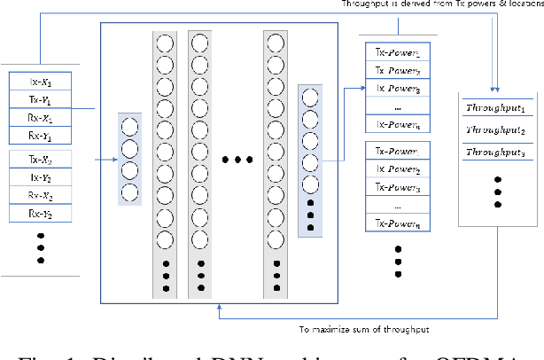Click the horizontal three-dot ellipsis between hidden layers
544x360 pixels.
(237, 160)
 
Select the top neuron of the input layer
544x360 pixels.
(129, 126)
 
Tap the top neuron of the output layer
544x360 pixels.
(310, 97)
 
